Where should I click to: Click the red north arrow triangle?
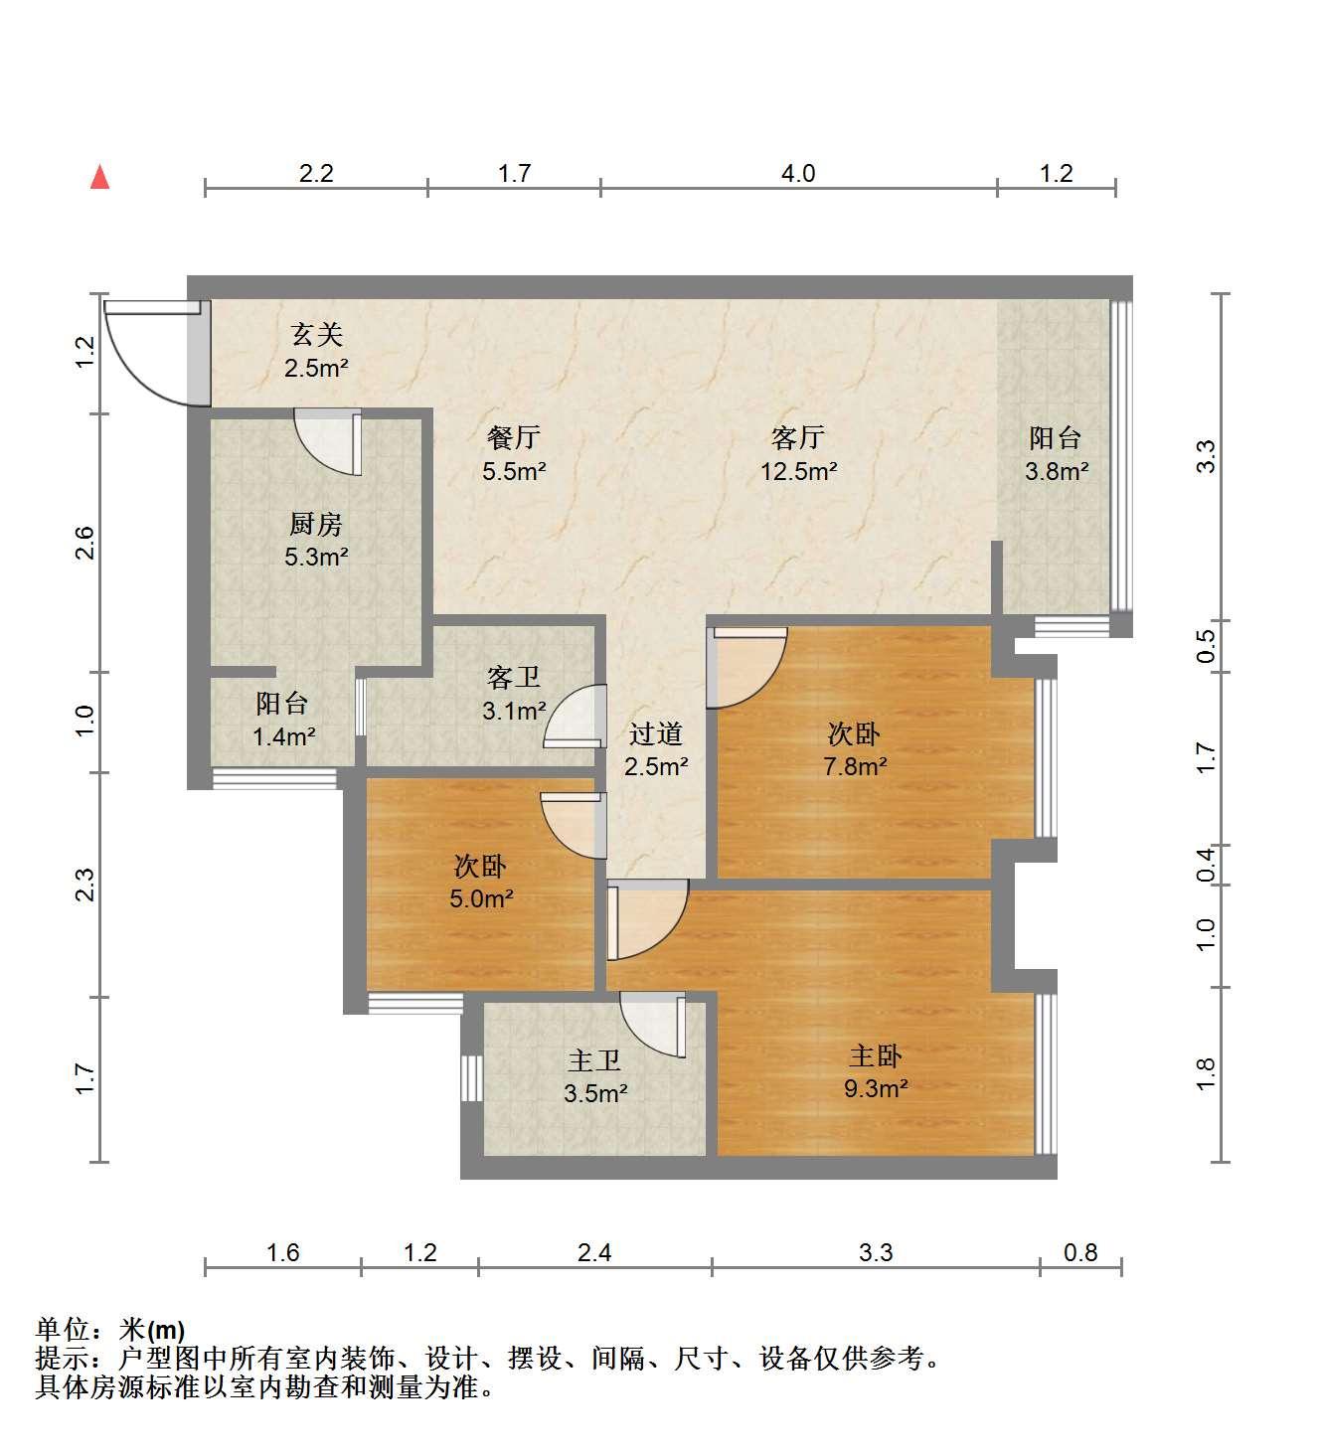[x=99, y=177]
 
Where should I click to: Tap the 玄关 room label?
[x=316, y=334]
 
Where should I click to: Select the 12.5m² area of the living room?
[x=798, y=471]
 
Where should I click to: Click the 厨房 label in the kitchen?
[x=316, y=524]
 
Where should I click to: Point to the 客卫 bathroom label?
[x=514, y=678]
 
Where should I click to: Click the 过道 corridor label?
[x=656, y=733]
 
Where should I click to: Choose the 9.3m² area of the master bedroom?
[x=876, y=1088]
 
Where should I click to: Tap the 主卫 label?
[x=594, y=1060]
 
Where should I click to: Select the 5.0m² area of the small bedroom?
[x=481, y=898]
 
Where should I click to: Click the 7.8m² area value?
[x=855, y=766]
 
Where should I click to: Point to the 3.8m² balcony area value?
[x=1057, y=471]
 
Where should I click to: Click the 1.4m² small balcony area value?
[x=283, y=736]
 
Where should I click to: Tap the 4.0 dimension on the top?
[x=798, y=173]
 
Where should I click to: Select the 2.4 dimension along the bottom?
[x=594, y=1252]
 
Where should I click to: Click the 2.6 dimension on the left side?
[x=85, y=543]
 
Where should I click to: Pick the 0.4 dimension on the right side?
[x=1206, y=865]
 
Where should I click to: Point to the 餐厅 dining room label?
[x=514, y=437]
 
